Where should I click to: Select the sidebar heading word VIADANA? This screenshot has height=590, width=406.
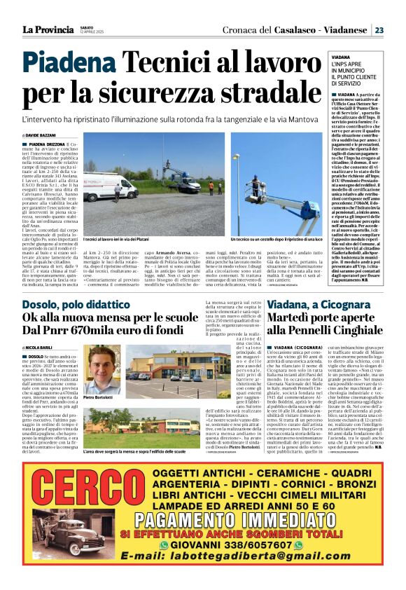(x=341, y=57)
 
